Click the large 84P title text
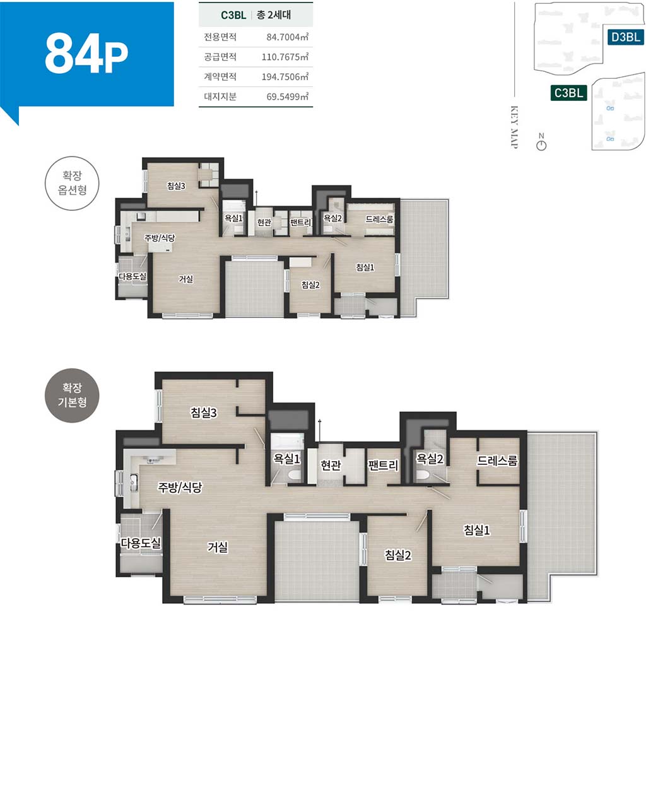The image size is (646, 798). [x=86, y=53]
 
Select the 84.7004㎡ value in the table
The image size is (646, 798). [x=288, y=37]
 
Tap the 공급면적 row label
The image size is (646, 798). [x=220, y=57]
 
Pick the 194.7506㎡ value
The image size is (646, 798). [x=285, y=76]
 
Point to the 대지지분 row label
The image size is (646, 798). [x=220, y=97]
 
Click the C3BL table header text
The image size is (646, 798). [x=233, y=15]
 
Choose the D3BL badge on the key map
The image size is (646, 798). [x=625, y=37]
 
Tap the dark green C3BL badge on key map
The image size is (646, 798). [x=568, y=93]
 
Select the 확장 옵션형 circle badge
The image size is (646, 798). [x=72, y=183]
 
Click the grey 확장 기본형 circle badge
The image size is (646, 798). [x=72, y=396]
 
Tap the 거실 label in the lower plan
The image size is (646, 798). [x=218, y=547]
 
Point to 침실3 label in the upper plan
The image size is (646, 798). [x=176, y=185]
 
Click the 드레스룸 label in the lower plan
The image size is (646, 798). [x=497, y=461]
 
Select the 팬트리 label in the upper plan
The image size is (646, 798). [x=300, y=222]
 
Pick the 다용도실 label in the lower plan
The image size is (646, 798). [x=141, y=542]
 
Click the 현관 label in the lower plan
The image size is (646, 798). [x=331, y=465]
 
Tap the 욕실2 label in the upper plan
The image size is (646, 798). [x=332, y=218]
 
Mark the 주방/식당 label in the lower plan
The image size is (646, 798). [x=180, y=486]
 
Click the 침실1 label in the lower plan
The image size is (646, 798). [x=477, y=530]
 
